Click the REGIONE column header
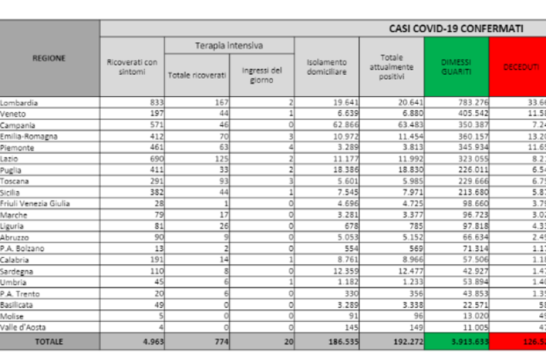click(49, 58)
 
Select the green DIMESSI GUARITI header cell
click(457, 67)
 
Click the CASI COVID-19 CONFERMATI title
click(456, 29)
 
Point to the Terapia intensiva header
click(229, 45)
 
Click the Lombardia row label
click(19, 103)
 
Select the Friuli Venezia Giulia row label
click(35, 204)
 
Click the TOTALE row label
click(49, 341)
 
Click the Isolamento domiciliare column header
click(326, 67)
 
